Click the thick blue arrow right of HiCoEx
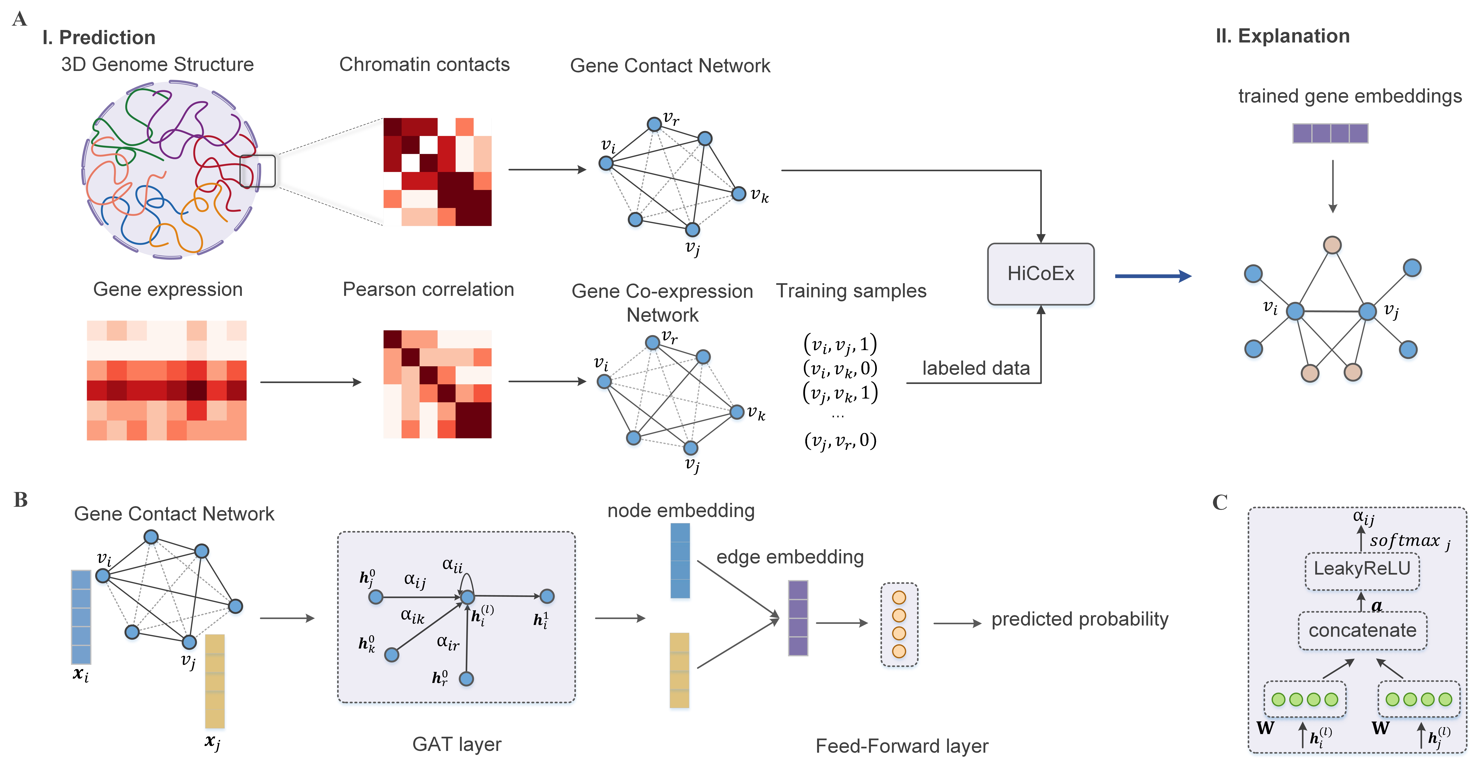[x=1152, y=276]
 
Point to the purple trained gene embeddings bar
[x=1330, y=133]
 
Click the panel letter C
[x=1220, y=502]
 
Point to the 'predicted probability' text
[x=1080, y=619]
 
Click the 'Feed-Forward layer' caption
[x=902, y=746]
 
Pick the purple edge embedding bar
[x=798, y=618]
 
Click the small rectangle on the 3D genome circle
[x=257, y=171]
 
